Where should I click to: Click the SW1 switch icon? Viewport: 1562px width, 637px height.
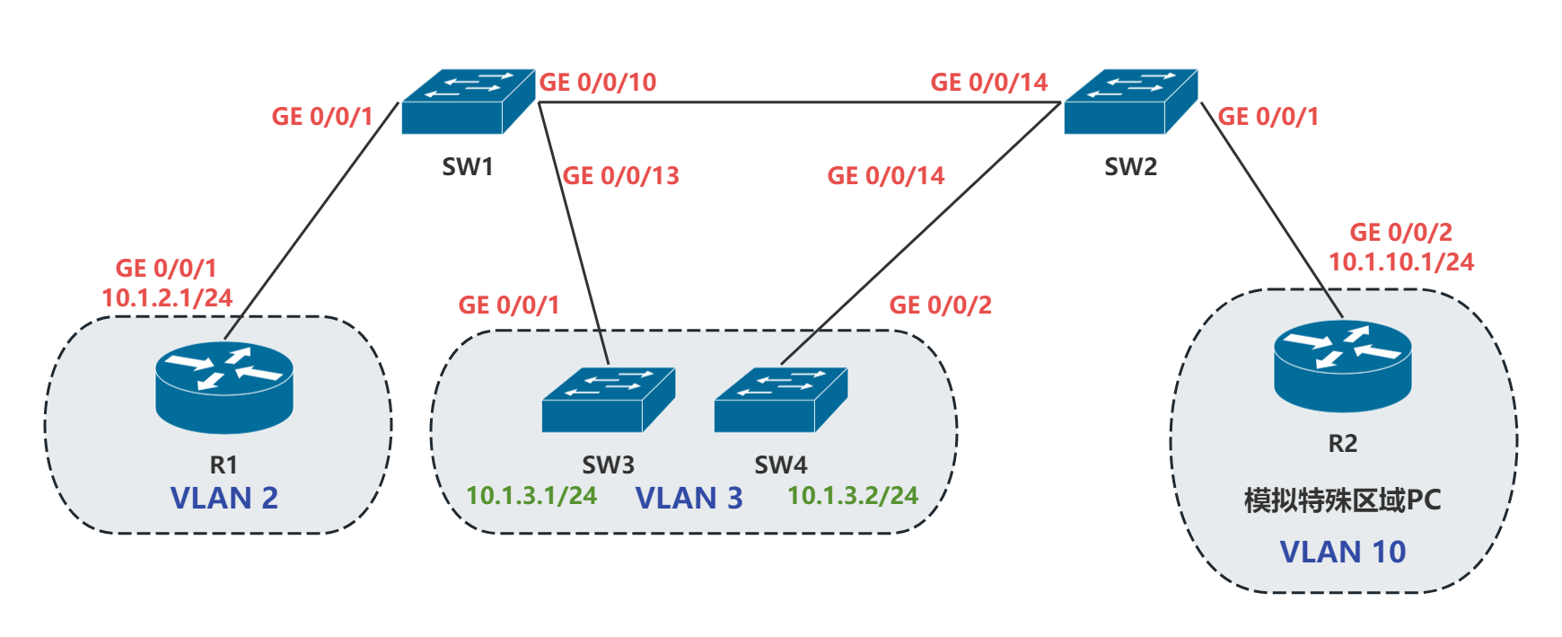click(468, 102)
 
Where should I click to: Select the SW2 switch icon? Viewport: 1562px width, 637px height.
click(1130, 102)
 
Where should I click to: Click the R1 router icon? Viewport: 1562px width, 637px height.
click(224, 387)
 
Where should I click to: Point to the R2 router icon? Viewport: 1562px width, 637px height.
click(1342, 366)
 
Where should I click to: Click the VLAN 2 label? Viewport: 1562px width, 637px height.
click(224, 498)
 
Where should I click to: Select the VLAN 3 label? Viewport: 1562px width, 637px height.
click(689, 498)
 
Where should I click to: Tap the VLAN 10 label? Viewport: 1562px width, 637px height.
click(1342, 552)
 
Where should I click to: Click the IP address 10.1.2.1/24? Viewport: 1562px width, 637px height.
click(167, 298)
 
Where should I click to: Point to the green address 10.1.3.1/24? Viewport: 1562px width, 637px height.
click(531, 496)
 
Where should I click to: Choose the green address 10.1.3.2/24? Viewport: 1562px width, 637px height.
click(853, 496)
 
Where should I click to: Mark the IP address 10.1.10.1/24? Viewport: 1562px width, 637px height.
click(1401, 262)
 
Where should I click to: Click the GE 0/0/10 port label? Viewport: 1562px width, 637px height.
click(598, 83)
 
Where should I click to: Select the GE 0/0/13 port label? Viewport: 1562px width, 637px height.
click(621, 176)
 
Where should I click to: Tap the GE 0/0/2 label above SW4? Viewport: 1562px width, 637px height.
click(941, 305)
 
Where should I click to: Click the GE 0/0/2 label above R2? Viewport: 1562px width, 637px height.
click(1400, 233)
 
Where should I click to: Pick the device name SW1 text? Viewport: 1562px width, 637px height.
click(468, 167)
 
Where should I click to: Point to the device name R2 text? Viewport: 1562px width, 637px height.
click(1342, 444)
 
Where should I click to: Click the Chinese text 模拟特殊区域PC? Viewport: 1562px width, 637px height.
click(1342, 500)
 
